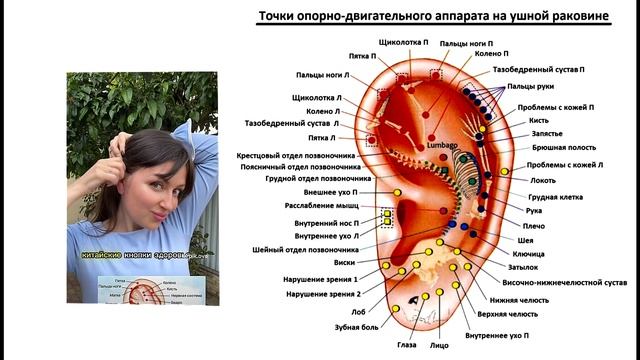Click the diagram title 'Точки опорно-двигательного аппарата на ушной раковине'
(x=433, y=17)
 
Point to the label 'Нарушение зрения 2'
(x=322, y=294)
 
